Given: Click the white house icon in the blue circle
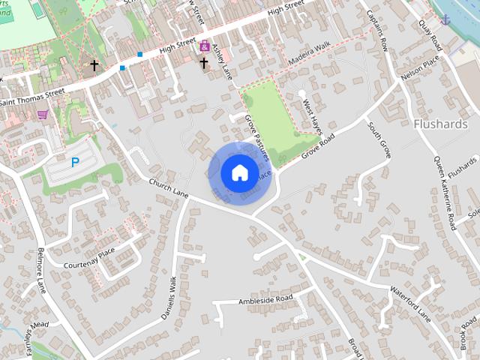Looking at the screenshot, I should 239,172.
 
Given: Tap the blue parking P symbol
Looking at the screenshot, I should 75,162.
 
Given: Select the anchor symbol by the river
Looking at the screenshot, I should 447,18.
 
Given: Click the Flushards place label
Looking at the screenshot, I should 440,123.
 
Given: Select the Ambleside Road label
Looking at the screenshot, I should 265,299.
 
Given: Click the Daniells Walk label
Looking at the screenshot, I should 168,298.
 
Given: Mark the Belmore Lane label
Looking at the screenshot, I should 40,271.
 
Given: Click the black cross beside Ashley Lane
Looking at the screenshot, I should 204,64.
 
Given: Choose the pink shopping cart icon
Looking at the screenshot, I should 42,115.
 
